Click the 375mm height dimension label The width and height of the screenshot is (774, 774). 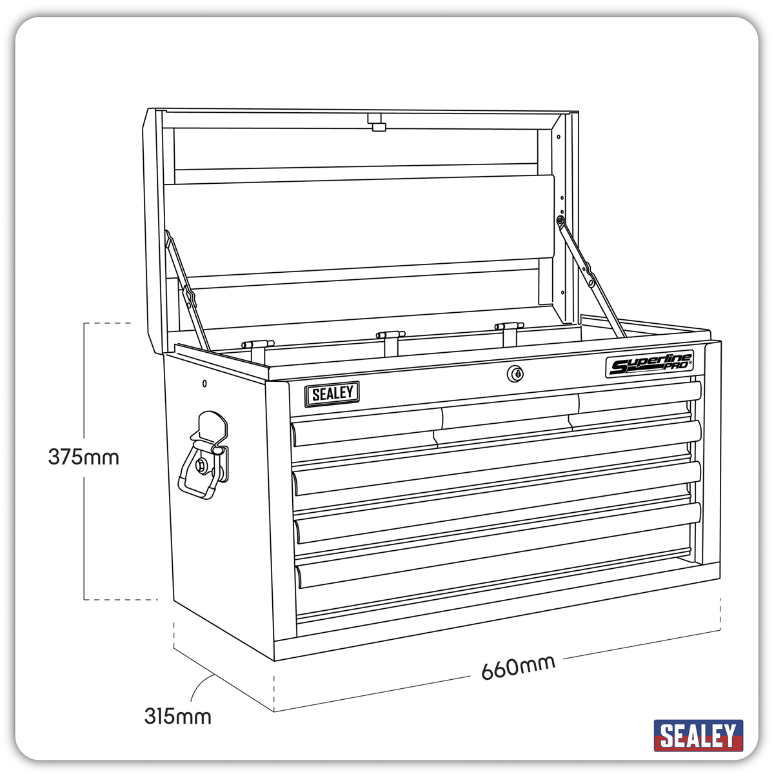(83, 457)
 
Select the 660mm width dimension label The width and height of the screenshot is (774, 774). (518, 668)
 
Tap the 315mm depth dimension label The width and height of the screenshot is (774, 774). (177, 716)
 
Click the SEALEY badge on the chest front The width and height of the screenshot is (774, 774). (332, 394)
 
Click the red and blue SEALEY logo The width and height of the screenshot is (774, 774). (698, 736)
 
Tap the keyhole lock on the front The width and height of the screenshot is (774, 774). (515, 373)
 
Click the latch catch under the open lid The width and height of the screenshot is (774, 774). (377, 123)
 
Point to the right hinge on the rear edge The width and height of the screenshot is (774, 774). (509, 328)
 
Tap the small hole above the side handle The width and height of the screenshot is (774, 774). (204, 384)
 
